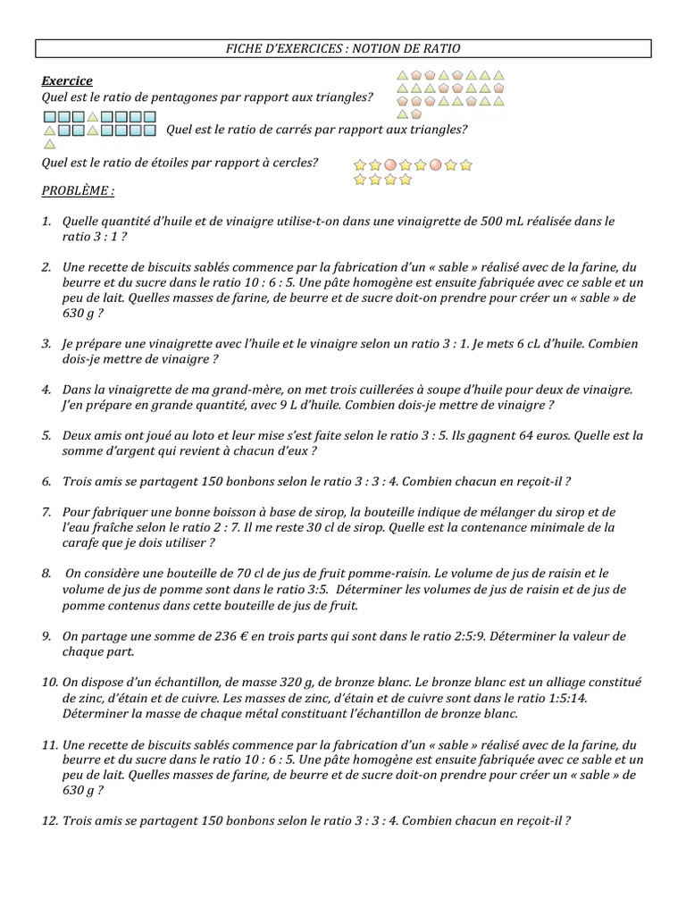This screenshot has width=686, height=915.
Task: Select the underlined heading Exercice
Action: (67, 81)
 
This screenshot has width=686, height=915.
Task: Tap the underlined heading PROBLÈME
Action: (78, 191)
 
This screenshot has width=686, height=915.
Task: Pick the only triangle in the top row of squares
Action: (92, 117)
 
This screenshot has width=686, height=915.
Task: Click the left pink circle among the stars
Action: (389, 165)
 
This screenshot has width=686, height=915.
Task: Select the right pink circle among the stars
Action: (435, 165)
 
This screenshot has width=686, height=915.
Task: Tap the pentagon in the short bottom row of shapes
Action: (417, 113)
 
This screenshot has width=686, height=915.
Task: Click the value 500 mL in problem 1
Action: (486, 221)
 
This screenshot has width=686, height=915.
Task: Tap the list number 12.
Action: (49, 820)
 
